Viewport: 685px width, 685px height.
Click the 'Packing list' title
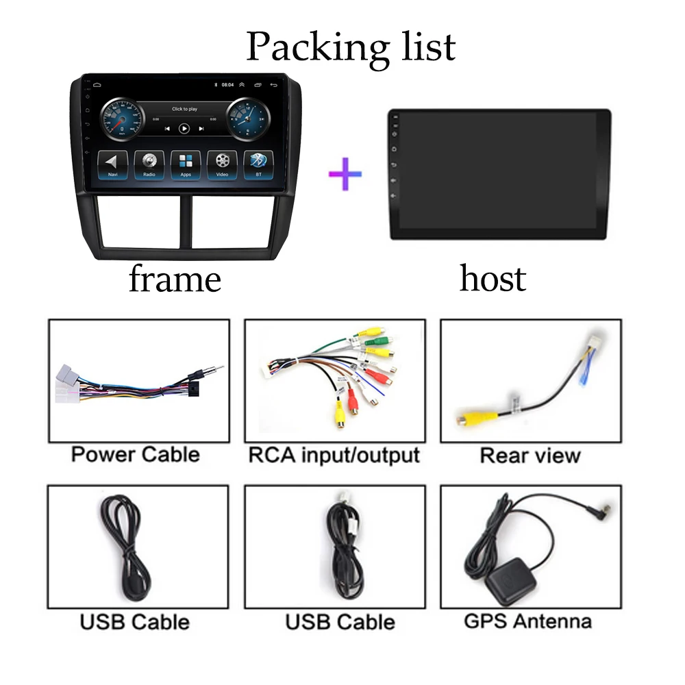(350, 46)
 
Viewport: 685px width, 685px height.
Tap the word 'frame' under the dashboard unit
(175, 279)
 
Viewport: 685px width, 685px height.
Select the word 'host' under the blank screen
(493, 279)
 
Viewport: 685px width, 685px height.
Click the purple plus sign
(345, 173)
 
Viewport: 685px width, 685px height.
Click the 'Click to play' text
(184, 109)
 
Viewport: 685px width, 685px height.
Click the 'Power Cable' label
(136, 454)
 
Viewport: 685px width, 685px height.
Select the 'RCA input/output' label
(334, 454)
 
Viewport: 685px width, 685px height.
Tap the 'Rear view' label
(530, 456)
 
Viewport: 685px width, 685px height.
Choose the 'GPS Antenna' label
(527, 621)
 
